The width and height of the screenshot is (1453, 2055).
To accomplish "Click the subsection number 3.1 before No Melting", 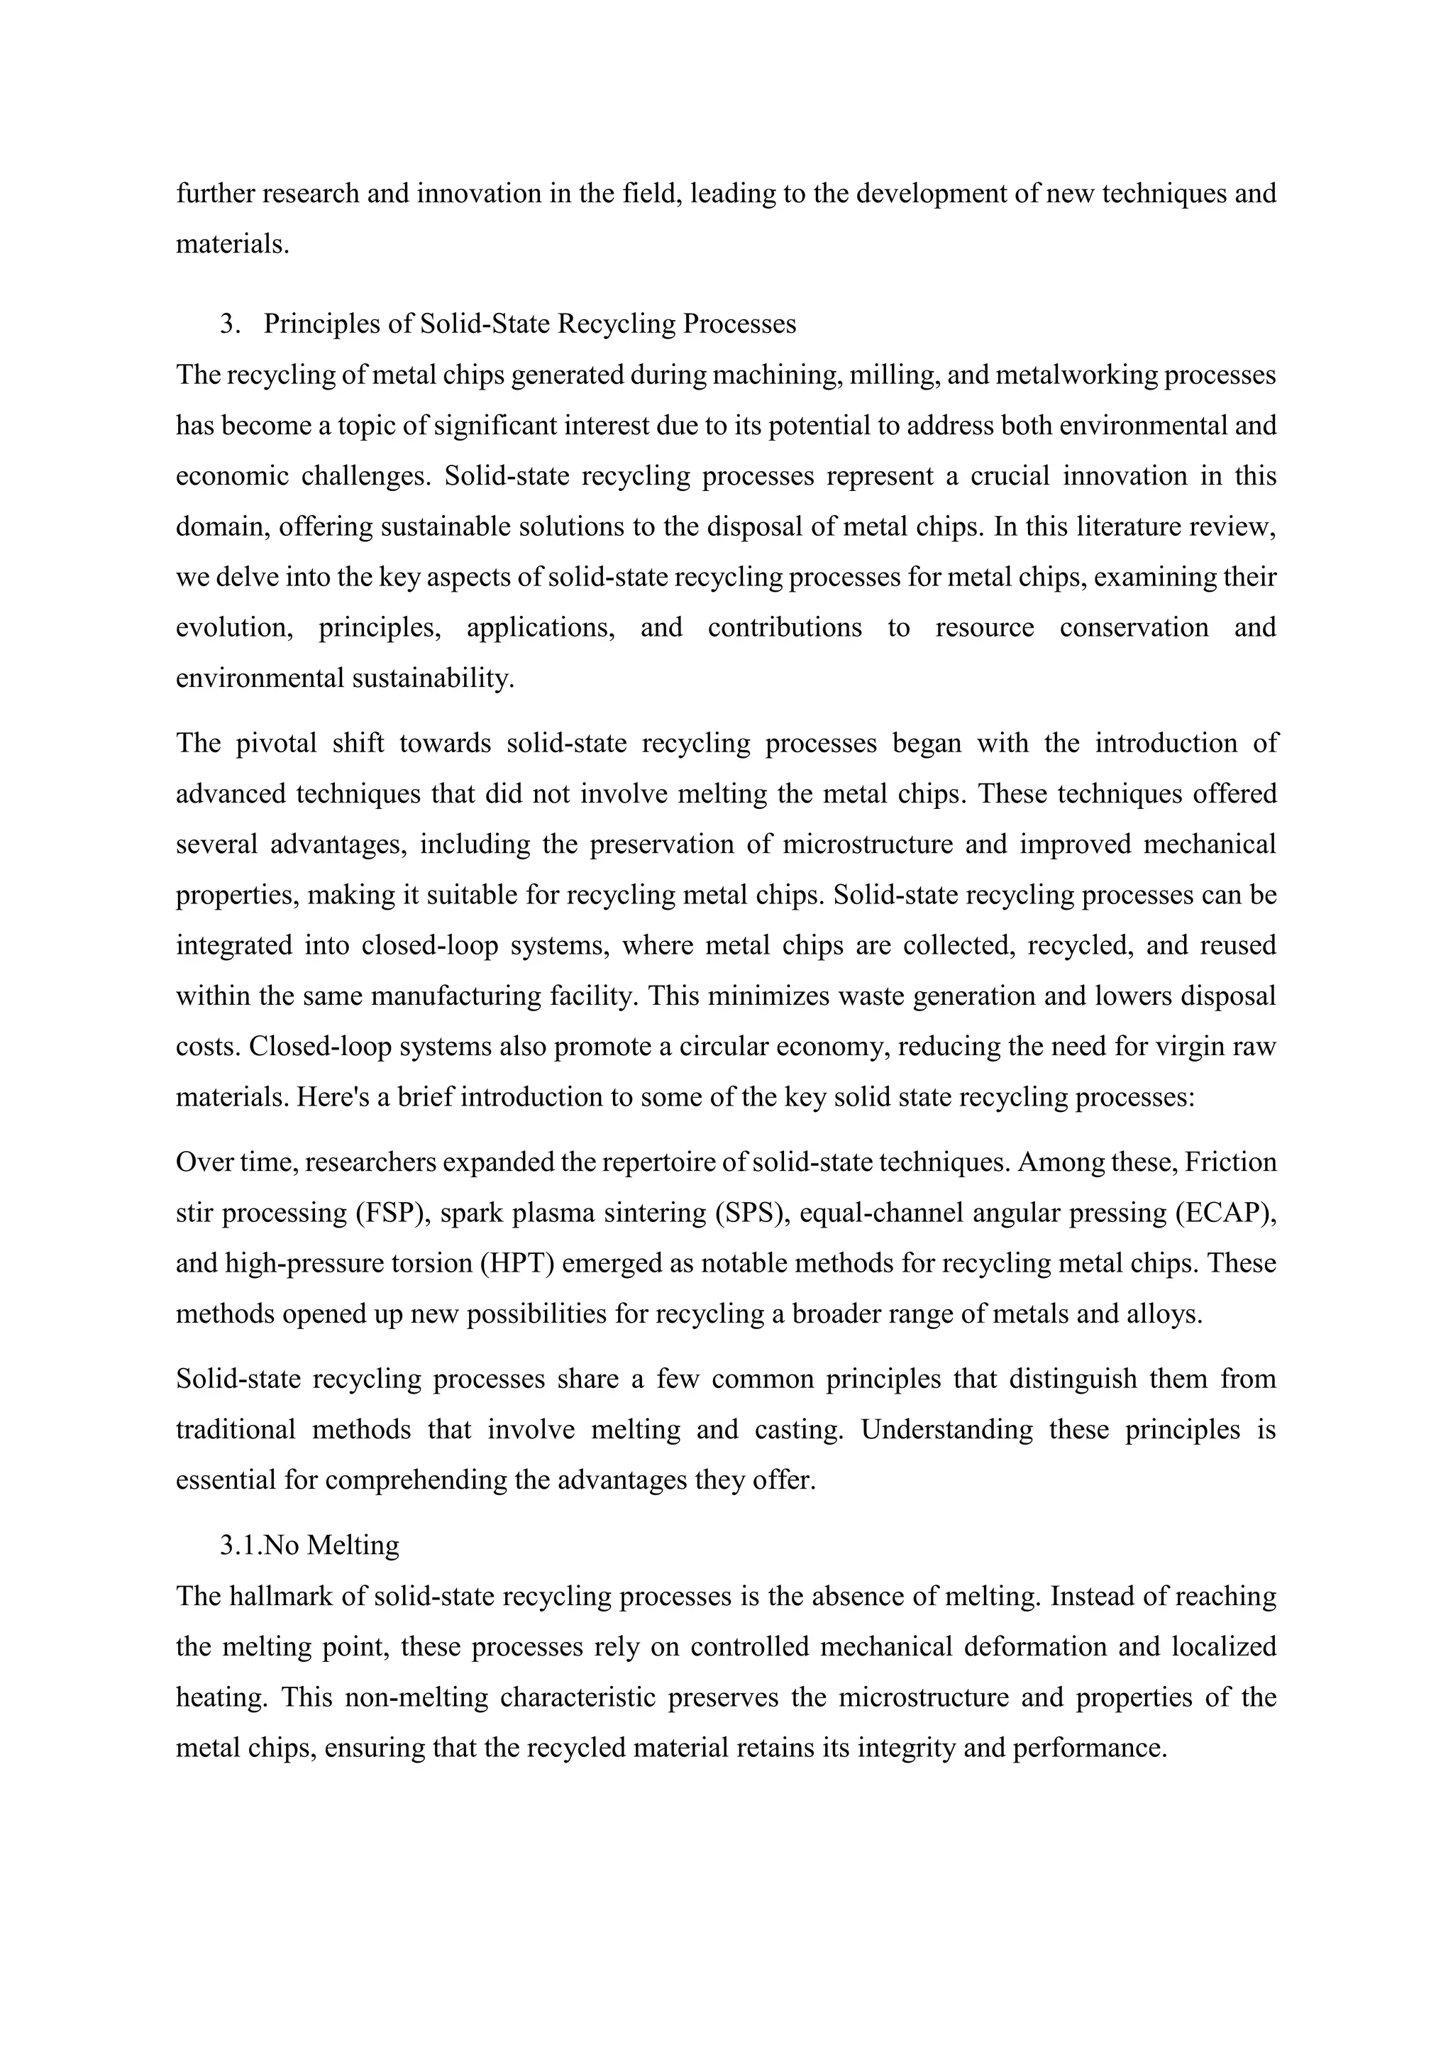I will (241, 1545).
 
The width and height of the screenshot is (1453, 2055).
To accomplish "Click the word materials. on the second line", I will (233, 243).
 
